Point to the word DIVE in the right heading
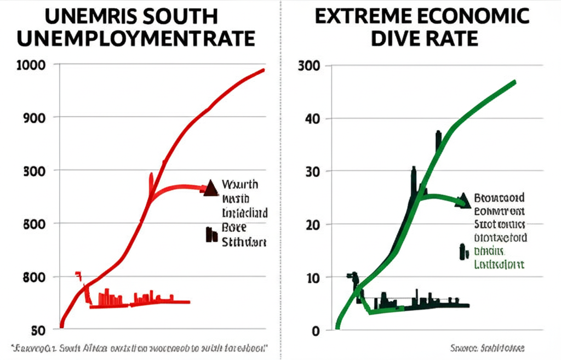point(395,39)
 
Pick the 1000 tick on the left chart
point(33,64)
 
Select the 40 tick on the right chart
point(314,118)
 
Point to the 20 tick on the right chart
point(314,224)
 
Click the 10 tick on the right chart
point(314,277)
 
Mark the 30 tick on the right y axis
point(314,172)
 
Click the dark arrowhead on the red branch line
point(210,188)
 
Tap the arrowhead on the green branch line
point(464,201)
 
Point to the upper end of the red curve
point(264,70)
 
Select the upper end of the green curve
point(514,82)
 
